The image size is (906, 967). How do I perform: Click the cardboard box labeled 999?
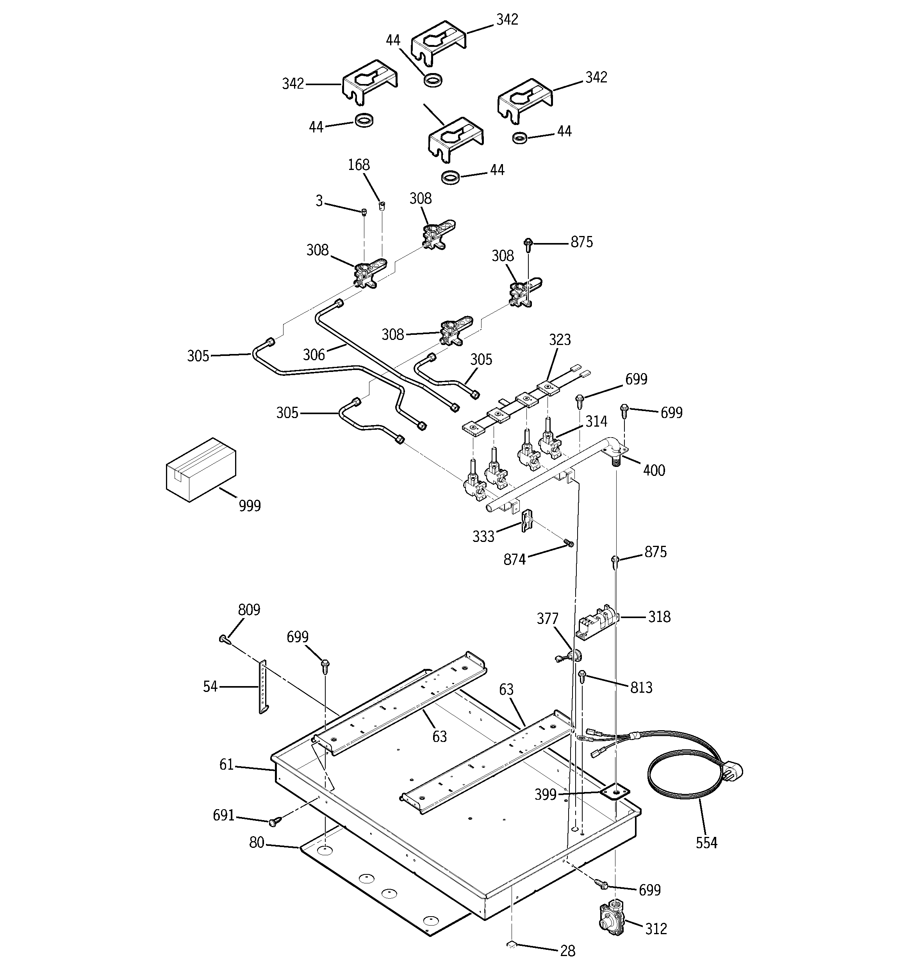pos(201,469)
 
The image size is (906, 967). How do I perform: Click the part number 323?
pos(559,340)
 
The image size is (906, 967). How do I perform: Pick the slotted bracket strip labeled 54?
pos(262,687)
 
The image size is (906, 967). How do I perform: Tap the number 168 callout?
pos(359,165)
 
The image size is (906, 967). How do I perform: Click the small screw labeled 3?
pos(364,211)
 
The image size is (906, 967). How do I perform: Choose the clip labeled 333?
pos(526,520)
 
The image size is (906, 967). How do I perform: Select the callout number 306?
pos(314,355)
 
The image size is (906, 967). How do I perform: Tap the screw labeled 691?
pos(274,822)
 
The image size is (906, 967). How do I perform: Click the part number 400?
pos(654,470)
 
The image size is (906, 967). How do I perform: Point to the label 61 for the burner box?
pos(226,765)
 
